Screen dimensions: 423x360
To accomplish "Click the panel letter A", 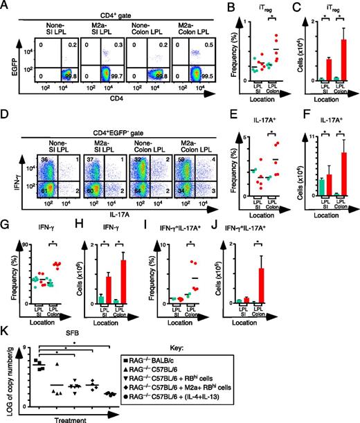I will click(6, 6).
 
